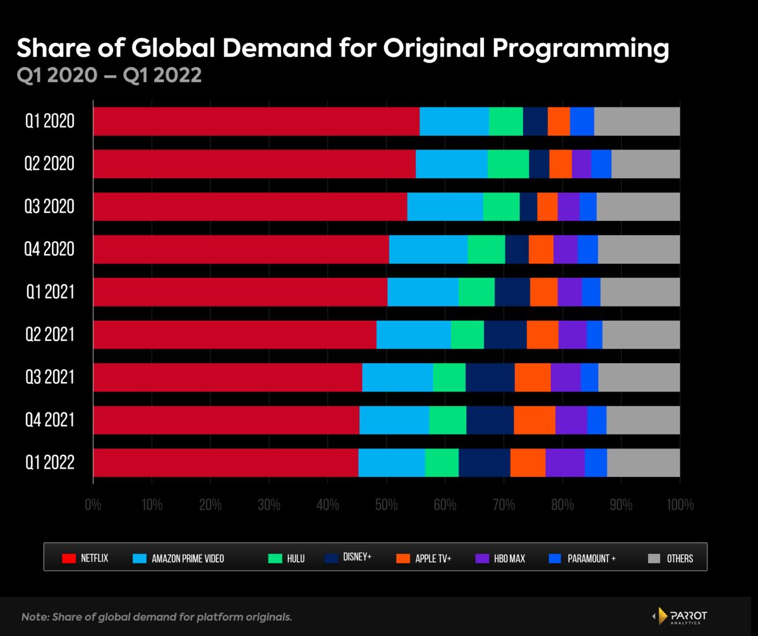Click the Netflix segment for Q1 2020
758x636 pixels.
(x=256, y=121)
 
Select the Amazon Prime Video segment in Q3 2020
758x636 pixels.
(x=445, y=207)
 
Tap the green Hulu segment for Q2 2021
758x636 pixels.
(x=467, y=335)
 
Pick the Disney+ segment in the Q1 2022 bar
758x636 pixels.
(x=484, y=463)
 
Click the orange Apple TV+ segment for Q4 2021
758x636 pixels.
(x=534, y=420)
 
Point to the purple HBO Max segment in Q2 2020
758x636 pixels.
(x=581, y=164)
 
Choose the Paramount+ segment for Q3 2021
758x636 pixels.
(x=589, y=377)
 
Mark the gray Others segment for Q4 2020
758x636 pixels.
(x=639, y=249)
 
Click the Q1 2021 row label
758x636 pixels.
(x=50, y=292)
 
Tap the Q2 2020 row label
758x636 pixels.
(x=50, y=164)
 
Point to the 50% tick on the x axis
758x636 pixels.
(x=386, y=505)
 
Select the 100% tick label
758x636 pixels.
(x=680, y=505)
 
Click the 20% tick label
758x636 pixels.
(x=210, y=505)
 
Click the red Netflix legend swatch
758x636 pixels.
(x=69, y=558)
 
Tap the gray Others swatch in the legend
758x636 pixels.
(x=655, y=558)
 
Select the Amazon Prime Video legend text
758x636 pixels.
(x=188, y=558)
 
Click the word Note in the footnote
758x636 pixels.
(x=34, y=616)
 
